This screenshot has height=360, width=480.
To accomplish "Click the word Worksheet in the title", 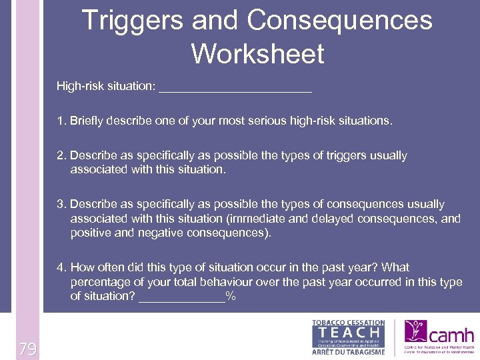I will [257, 53].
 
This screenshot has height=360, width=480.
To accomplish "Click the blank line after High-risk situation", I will [235, 87].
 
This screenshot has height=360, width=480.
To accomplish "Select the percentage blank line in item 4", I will [181, 297].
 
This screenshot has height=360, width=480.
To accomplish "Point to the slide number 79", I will [27, 349].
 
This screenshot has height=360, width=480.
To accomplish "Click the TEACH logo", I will [349, 331].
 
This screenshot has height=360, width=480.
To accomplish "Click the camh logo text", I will [452, 335].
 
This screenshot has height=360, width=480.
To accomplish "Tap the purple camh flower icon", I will [416, 331].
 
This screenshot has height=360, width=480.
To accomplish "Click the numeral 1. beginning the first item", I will [62, 121].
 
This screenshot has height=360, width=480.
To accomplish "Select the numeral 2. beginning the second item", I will [62, 155].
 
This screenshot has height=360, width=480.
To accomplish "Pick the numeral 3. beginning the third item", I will [62, 204].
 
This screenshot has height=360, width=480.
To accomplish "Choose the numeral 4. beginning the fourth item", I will [62, 267].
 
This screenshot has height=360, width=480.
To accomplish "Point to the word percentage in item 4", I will [100, 282].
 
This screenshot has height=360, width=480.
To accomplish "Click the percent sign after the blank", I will [231, 296].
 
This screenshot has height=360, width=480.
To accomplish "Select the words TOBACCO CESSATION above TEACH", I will [349, 323].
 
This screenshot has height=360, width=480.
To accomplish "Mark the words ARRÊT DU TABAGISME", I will [349, 351].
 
